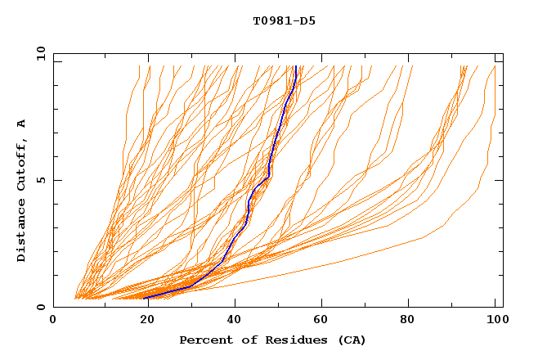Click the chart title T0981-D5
tap(284, 21)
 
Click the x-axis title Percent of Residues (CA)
tap(272, 340)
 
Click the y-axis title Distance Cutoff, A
tap(21, 191)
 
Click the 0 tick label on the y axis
tap(41, 307)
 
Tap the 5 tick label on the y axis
tap(41, 180)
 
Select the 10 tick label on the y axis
tap(38, 53)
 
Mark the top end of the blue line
tap(295, 66)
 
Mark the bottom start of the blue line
tap(146, 298)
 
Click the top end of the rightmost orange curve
tap(495, 66)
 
